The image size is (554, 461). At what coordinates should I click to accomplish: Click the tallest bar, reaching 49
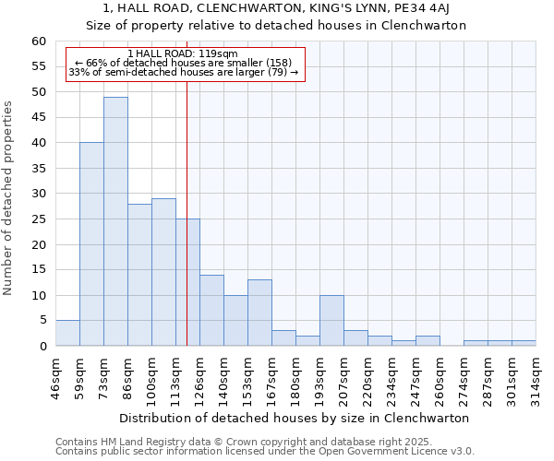tap(115, 221)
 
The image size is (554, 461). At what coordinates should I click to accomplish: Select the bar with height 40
tap(91, 244)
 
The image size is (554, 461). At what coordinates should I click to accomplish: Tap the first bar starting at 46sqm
tap(67, 333)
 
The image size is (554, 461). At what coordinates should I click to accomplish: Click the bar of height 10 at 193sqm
tap(331, 321)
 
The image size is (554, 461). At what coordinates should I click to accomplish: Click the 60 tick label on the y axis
tap(38, 41)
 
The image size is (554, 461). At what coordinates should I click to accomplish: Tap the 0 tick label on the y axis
tap(42, 347)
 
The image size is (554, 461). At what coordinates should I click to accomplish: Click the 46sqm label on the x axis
tap(56, 376)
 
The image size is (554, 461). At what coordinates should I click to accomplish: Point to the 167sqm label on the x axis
tap(272, 376)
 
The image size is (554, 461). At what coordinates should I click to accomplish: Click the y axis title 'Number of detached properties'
tap(10, 198)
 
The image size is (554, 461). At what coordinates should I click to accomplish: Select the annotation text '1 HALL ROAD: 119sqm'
tap(183, 54)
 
